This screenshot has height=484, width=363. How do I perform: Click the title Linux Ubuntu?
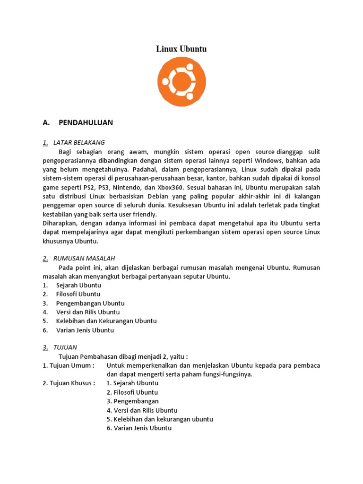(x=181, y=49)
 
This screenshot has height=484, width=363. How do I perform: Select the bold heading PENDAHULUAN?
(x=86, y=123)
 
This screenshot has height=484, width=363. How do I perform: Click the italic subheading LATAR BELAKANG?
(x=79, y=142)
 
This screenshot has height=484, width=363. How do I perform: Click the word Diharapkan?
(x=60, y=223)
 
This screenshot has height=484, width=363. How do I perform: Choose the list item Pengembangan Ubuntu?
(x=90, y=303)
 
